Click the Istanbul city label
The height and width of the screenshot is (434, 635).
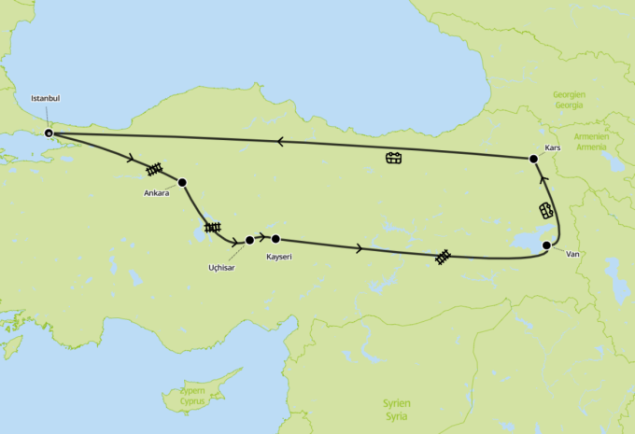click(x=46, y=98)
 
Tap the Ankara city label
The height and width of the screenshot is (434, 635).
click(x=156, y=193)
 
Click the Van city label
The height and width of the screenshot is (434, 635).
click(x=573, y=253)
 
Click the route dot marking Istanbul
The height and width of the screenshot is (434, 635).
click(x=49, y=133)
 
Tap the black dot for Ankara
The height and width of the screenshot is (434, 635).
click(x=182, y=182)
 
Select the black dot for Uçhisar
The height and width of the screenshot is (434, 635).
click(x=249, y=241)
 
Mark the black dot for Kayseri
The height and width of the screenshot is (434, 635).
click(x=275, y=239)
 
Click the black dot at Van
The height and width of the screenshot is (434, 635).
click(x=546, y=245)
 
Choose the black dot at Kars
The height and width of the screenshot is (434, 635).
click(x=533, y=159)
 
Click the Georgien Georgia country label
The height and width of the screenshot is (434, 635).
click(x=567, y=100)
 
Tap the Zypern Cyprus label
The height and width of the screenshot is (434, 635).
click(x=190, y=397)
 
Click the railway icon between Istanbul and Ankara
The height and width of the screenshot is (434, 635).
click(x=155, y=170)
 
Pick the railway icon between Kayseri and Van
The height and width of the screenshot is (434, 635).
click(x=444, y=255)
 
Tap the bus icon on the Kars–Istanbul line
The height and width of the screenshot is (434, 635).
click(x=394, y=158)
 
